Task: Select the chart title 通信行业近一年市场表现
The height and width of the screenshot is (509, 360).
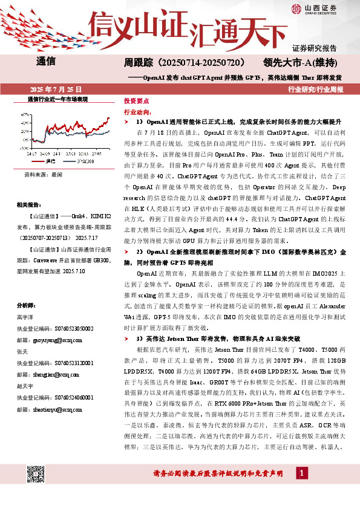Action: click(57, 99)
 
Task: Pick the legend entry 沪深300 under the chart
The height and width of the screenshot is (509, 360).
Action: click(85, 161)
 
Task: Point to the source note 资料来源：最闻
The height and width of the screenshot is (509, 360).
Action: click(43, 174)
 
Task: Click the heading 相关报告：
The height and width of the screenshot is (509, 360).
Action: click(31, 205)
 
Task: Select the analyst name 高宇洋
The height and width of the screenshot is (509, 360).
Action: click(25, 317)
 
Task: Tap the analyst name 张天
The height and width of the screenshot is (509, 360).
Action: click(22, 352)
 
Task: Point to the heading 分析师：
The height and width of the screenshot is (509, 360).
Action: click(28, 305)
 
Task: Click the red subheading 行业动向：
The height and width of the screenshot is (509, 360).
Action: click(136, 112)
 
